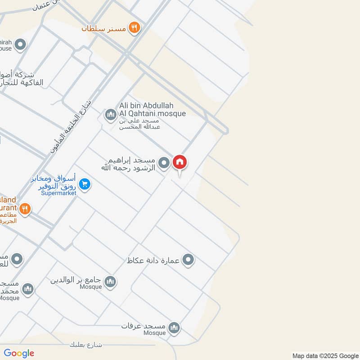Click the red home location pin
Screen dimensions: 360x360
pos(180,162)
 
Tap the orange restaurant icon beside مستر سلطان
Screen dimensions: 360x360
pos(134,28)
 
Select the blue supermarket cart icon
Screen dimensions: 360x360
pos(84,184)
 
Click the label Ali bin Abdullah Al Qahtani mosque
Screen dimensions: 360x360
pos(152,109)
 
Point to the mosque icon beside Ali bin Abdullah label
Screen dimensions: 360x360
pos(110,116)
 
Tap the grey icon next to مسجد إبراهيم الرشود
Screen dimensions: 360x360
pos(165,163)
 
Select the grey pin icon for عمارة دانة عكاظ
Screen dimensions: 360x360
pos(189,260)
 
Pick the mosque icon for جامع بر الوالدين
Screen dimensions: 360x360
pos(110,282)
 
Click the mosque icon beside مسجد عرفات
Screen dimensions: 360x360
pos(174,327)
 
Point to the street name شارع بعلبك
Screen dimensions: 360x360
pos(86,345)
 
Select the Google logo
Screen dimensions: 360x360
pos(19,353)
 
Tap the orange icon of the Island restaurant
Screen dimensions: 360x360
pos(25,209)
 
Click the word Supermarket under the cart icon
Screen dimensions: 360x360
pos(58,193)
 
